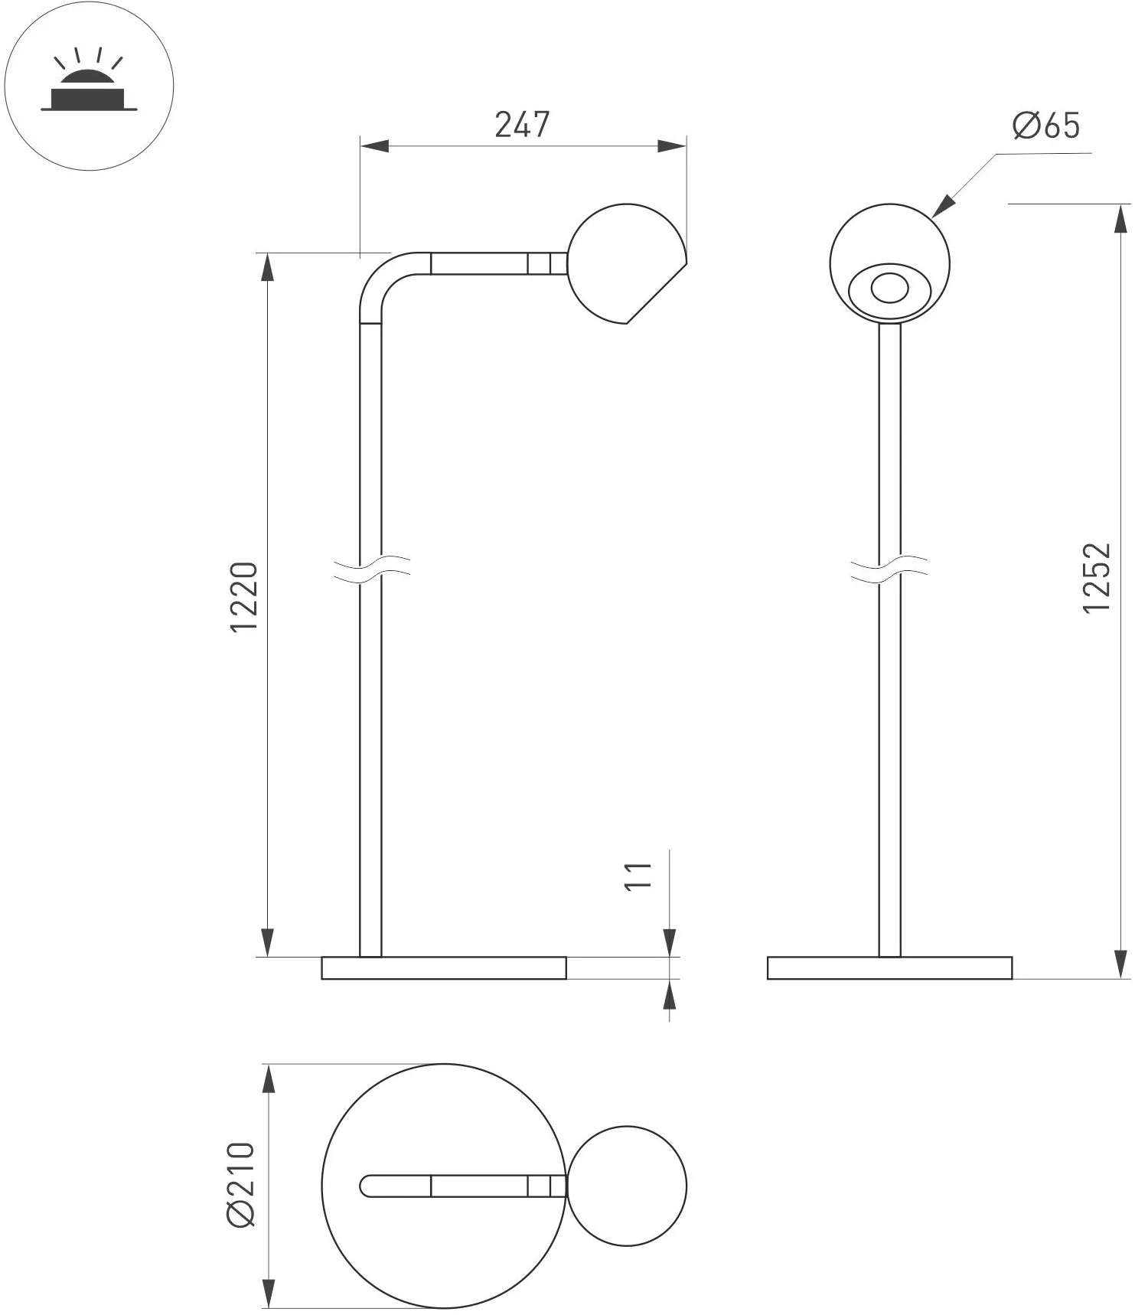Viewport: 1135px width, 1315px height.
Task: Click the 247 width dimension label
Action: tap(523, 125)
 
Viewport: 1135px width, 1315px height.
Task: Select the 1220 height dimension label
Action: tap(245, 596)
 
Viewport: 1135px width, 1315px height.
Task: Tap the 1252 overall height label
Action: tap(1097, 577)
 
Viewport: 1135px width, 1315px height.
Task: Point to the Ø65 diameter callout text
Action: tap(1046, 126)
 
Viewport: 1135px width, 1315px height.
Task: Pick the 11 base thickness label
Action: tap(638, 875)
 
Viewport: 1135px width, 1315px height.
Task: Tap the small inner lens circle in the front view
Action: tap(889, 289)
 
